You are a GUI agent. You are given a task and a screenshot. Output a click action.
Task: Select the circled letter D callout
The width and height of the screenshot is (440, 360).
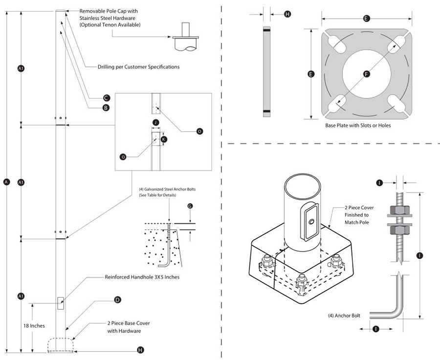click(x=117, y=299)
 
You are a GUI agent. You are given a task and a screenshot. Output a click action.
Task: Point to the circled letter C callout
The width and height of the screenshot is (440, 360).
click(x=106, y=98)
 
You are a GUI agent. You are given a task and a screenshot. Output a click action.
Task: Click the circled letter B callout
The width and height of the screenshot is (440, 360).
click(x=106, y=107)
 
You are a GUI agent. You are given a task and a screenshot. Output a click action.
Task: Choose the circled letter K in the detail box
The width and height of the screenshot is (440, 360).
click(x=164, y=139)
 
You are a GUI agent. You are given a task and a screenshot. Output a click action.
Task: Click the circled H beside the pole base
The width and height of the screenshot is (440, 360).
click(x=141, y=350)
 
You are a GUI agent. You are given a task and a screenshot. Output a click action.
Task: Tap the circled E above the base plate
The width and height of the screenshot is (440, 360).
click(x=366, y=19)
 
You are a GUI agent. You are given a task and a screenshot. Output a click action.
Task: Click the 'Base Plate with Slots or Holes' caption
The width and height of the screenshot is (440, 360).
click(x=358, y=126)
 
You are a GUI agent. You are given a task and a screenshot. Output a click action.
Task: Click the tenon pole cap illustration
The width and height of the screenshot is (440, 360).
click(x=185, y=39)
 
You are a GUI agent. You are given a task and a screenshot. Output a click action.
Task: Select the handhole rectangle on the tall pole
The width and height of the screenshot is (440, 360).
click(x=60, y=303)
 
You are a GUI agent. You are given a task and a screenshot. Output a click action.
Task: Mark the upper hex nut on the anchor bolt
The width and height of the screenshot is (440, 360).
click(x=400, y=212)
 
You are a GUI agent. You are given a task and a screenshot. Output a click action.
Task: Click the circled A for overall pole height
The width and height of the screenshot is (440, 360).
click(x=6, y=182)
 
